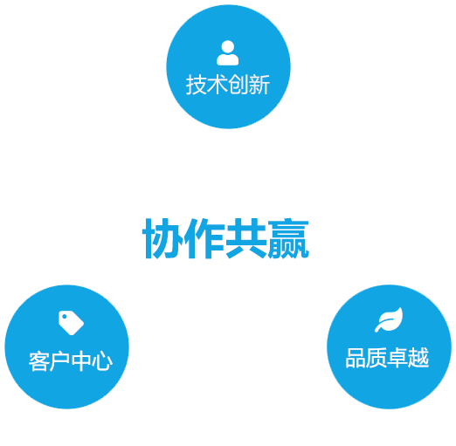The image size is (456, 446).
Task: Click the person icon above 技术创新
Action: tap(228, 53)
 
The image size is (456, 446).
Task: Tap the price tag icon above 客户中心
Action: tap(71, 323)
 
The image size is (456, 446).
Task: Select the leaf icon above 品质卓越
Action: tap(389, 319)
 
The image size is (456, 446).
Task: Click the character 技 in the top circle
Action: tap(197, 85)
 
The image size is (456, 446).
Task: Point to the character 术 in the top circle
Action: tap(218, 85)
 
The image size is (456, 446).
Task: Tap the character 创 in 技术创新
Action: tap(238, 85)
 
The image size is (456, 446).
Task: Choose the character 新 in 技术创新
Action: tap(259, 85)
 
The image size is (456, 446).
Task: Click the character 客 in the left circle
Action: tap(39, 361)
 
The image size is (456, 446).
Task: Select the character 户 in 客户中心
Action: tap(60, 361)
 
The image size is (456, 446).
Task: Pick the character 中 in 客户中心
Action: tap(81, 361)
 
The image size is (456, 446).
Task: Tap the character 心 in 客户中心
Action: tap(102, 361)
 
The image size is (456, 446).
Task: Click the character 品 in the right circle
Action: tap(356, 358)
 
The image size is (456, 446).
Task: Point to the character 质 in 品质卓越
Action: tap(377, 358)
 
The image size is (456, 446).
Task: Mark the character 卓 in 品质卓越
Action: tap(397, 358)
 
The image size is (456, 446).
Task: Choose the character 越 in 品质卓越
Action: tap(418, 358)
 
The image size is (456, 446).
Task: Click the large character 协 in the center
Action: tap(162, 238)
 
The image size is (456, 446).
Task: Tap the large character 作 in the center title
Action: tap(204, 238)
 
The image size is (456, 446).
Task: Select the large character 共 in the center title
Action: tap(246, 238)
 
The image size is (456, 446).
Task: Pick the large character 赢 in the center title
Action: tap(288, 238)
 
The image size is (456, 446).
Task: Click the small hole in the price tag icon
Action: tap(65, 316)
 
